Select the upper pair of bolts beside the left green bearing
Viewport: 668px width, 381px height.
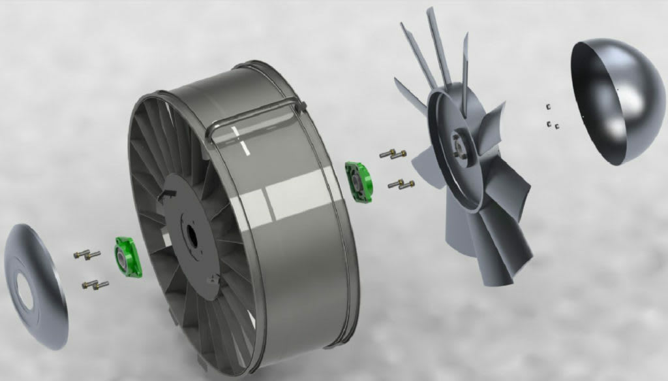coord(86,254)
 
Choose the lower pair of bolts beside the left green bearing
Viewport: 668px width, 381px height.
coord(95,284)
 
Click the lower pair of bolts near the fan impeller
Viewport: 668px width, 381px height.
coord(401,185)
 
